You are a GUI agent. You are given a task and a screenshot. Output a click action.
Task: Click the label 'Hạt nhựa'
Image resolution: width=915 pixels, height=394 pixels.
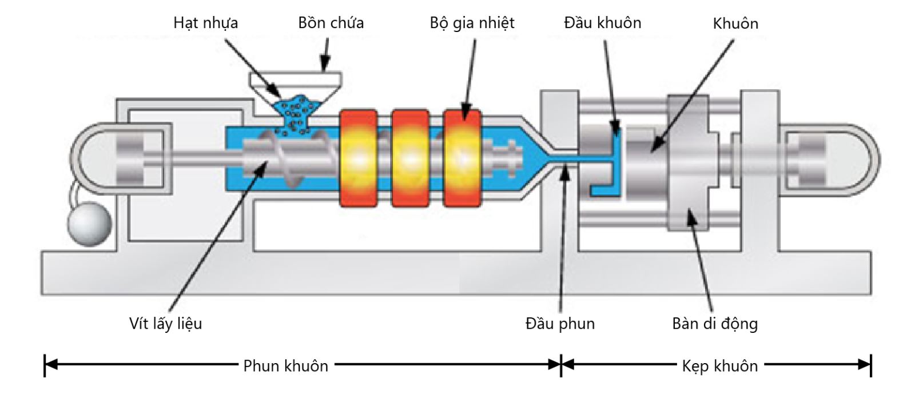pos(205,23)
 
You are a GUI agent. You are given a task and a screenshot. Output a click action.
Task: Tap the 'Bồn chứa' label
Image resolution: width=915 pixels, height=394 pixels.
pos(331,23)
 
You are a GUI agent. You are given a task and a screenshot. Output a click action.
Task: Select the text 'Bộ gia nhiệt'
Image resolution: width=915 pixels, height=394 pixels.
pos(472,23)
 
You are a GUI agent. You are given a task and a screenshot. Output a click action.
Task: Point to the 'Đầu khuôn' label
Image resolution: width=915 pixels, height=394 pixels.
pos(602,23)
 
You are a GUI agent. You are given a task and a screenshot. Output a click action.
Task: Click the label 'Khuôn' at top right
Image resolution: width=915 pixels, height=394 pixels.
pos(735,23)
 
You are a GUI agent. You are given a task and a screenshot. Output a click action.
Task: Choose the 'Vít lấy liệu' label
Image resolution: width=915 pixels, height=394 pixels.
pos(165,324)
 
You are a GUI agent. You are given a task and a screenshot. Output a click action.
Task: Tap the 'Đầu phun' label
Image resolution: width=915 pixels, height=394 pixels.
pos(560,324)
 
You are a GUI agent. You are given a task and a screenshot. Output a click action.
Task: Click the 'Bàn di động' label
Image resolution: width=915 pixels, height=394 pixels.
pos(715,324)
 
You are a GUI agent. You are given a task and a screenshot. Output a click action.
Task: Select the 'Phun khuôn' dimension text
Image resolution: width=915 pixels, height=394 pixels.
pos(285,366)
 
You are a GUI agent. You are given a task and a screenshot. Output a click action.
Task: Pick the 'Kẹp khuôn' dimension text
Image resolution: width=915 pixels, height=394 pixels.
pos(719,366)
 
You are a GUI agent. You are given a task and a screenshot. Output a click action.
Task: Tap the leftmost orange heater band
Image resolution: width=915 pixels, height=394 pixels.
pos(359,157)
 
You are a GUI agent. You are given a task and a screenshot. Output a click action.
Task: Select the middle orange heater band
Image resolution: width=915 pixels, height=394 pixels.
pos(410,157)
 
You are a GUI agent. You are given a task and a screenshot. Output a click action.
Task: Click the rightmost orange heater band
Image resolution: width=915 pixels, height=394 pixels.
pos(462,157)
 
